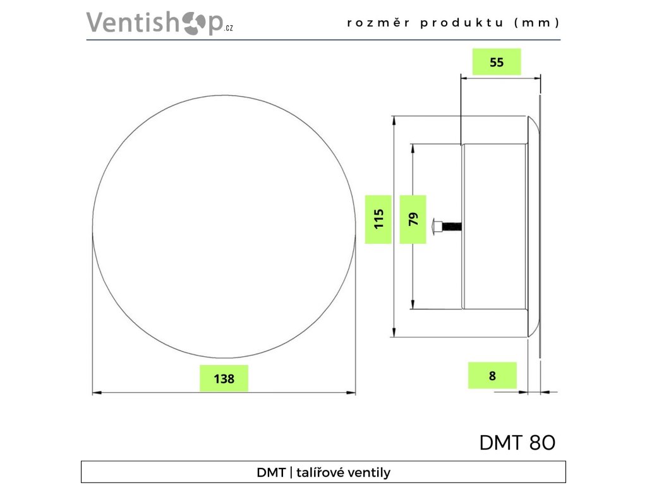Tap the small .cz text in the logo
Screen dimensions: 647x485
(228, 29)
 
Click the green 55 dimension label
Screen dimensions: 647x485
(497, 62)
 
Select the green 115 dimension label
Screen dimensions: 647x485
(378, 219)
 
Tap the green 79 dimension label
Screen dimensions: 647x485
(413, 219)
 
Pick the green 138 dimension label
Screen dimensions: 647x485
(224, 379)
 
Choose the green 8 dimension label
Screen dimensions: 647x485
(493, 376)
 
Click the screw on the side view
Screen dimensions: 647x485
(446, 225)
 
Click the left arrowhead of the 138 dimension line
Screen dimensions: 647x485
(97, 393)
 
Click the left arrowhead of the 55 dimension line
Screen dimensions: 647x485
(464, 77)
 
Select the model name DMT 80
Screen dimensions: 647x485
(517, 443)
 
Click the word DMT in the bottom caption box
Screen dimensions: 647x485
(270, 472)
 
